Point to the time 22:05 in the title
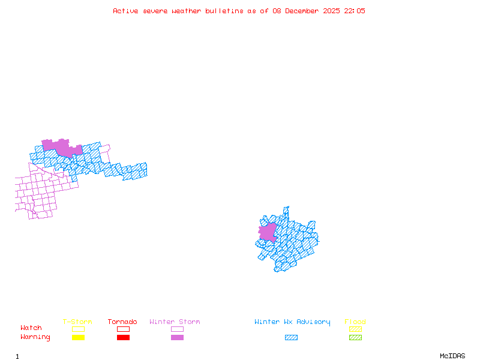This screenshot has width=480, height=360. pyautogui.click(x=355, y=11)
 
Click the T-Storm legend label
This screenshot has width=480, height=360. pyautogui.click(x=77, y=322)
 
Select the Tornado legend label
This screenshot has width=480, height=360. pyautogui.click(x=122, y=322)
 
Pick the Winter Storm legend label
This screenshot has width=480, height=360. pyautogui.click(x=175, y=322)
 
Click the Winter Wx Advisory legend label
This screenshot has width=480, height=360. pyautogui.click(x=292, y=322)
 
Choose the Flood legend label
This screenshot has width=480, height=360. pyautogui.click(x=355, y=322)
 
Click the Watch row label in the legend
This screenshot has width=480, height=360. pyautogui.click(x=31, y=328)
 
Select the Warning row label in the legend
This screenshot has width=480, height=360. pyautogui.click(x=35, y=337)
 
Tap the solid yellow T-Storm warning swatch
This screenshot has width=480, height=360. pyautogui.click(x=78, y=338)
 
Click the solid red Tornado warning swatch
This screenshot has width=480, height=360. pyautogui.click(x=123, y=338)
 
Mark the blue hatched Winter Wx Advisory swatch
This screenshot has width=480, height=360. pyautogui.click(x=291, y=338)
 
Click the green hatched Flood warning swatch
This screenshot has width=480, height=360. pyautogui.click(x=355, y=338)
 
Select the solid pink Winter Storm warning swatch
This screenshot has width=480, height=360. pyautogui.click(x=177, y=338)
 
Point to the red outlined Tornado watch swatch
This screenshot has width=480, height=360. pyautogui.click(x=123, y=329)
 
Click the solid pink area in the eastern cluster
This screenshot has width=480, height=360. pyautogui.click(x=268, y=232)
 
